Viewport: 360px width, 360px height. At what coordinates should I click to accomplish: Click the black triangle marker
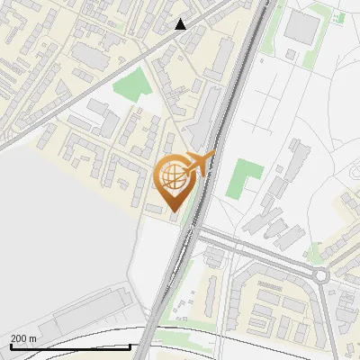click(181, 24)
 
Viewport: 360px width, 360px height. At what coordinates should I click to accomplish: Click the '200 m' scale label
click(23, 338)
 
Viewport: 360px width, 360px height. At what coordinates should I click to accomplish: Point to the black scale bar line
click(69, 346)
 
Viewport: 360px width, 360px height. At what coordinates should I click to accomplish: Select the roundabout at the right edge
click(321, 274)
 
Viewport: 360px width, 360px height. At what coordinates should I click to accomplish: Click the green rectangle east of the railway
click(240, 178)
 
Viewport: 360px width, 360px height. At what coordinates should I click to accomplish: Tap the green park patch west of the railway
click(133, 87)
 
